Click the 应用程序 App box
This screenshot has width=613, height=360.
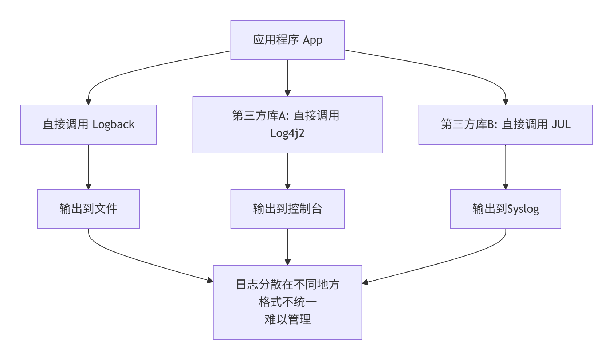pyautogui.click(x=287, y=40)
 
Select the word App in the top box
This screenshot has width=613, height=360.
pyautogui.click(x=313, y=40)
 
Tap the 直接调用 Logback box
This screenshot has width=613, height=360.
pyautogui.click(x=88, y=125)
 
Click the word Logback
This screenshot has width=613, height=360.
pyautogui.click(x=113, y=125)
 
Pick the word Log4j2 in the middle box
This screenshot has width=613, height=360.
pyautogui.click(x=287, y=133)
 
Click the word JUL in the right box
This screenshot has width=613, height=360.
pyautogui.click(x=561, y=125)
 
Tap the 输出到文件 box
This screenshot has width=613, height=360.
pyautogui.click(x=88, y=209)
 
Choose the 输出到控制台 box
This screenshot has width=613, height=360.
pyautogui.click(x=287, y=209)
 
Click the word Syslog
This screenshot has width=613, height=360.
pyautogui.click(x=523, y=209)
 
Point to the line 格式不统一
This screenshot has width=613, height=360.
pyautogui.click(x=287, y=302)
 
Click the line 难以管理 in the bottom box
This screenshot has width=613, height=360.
pyautogui.click(x=287, y=320)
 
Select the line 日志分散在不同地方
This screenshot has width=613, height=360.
pyautogui.click(x=287, y=285)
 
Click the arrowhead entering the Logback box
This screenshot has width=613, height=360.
pyautogui.click(x=88, y=102)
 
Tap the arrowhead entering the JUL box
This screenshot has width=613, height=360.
pyautogui.click(x=505, y=102)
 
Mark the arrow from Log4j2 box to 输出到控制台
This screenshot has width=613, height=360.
pyautogui.click(x=287, y=171)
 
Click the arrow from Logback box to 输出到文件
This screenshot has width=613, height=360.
pyautogui.click(x=88, y=167)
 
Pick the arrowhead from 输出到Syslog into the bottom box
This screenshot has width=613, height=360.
pyautogui.click(x=365, y=282)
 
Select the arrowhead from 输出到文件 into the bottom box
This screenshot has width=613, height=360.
pyautogui.click(x=210, y=280)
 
